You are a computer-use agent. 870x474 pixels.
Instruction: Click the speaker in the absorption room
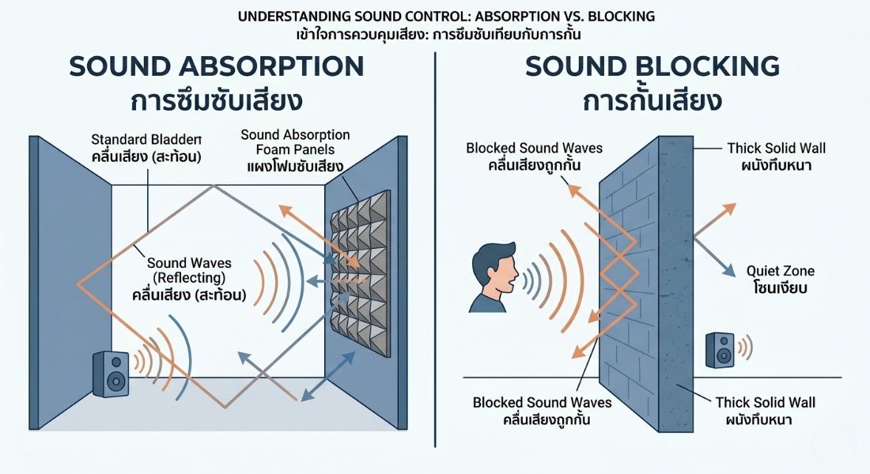coord(111,374)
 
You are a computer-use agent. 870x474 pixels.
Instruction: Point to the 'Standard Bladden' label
coord(147,142)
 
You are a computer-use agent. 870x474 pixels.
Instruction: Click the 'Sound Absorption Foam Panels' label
coord(295,142)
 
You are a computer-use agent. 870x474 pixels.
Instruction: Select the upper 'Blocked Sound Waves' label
coord(534,148)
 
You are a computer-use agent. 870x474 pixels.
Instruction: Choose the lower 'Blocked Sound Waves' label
coord(541,402)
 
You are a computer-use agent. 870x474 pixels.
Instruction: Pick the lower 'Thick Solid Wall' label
coord(765,402)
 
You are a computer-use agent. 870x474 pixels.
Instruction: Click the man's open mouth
coord(514,278)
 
